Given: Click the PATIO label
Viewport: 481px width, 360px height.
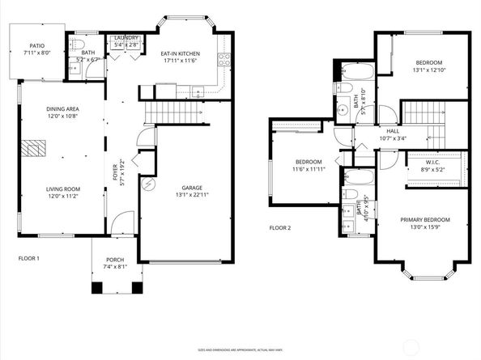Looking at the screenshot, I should (x=37, y=46).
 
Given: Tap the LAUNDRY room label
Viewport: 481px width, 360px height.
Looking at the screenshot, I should (x=126, y=38).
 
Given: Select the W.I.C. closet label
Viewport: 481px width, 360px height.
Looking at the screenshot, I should (x=433, y=163).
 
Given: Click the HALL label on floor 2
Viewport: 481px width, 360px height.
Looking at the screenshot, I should (x=393, y=130).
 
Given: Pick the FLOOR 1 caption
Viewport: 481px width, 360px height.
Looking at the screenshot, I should (x=29, y=259).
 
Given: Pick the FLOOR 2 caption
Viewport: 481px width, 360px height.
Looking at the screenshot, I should (x=279, y=228).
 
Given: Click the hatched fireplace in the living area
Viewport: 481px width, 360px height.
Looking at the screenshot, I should (x=33, y=149).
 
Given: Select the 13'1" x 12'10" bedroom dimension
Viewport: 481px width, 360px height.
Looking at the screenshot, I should (x=429, y=69).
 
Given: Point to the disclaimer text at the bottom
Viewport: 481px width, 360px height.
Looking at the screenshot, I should (x=240, y=349).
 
